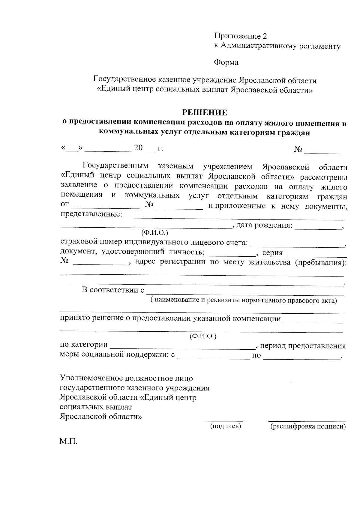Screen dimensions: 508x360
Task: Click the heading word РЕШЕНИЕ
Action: tap(205, 112)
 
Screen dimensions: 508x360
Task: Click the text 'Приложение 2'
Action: tap(240, 36)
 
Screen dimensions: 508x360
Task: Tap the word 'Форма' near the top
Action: tap(226, 62)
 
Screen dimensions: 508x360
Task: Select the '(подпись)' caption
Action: tap(226, 426)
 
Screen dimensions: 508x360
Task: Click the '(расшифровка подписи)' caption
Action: tap(308, 426)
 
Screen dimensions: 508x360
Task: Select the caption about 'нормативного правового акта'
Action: tap(244, 300)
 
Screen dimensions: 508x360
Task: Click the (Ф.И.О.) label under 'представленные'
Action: tap(154, 232)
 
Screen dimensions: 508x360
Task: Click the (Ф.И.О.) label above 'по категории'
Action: tap(203, 336)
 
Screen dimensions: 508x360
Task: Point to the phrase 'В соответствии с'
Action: tap(113, 290)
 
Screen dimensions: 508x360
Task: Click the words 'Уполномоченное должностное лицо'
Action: tap(126, 378)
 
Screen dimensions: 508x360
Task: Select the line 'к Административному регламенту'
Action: tap(277, 46)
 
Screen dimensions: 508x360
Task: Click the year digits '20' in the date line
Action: tap(138, 148)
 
